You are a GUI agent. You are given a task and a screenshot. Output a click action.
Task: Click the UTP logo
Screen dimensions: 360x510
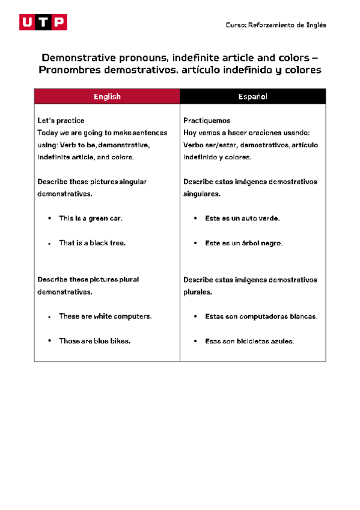coord(43,22)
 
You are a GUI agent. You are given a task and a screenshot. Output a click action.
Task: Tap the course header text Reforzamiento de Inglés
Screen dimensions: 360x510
coord(276,25)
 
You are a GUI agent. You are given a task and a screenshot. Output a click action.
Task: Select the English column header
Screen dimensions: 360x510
coord(107,97)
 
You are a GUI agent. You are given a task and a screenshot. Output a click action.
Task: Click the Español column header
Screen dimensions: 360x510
coord(253,97)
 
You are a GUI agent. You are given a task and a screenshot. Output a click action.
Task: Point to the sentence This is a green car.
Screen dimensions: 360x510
coord(91,219)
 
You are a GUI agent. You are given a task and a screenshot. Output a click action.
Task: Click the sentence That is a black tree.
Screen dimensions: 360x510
coord(92,244)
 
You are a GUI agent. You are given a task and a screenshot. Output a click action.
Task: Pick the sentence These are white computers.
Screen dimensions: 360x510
coord(105,316)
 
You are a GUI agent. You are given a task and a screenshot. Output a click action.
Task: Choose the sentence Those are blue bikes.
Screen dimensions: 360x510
coord(94,341)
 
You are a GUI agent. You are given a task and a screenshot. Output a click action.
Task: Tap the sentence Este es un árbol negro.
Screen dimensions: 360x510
coord(243,244)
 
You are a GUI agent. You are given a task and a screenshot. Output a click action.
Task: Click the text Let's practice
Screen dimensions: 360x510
coord(61,121)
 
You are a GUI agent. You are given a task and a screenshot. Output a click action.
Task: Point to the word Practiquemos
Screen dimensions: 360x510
coord(207,121)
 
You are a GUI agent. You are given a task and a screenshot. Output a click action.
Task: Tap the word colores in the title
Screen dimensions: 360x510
coord(301,70)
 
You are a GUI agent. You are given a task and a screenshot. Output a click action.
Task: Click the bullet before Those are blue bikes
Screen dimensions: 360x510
coord(49,341)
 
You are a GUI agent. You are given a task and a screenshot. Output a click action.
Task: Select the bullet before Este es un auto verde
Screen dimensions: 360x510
coord(195,219)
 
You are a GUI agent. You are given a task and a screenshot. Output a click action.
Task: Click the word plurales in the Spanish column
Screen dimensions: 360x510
coord(197,292)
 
